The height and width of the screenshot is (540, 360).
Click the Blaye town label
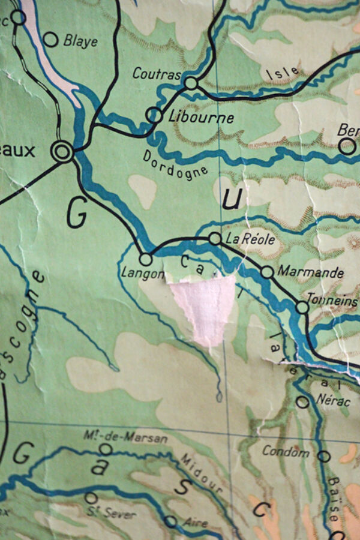click(x=80, y=41)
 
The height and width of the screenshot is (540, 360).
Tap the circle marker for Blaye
click(x=51, y=40)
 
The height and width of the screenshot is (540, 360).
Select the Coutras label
click(x=157, y=74)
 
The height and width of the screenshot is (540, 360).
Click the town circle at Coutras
click(x=191, y=83)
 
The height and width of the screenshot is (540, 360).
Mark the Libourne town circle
click(x=154, y=115)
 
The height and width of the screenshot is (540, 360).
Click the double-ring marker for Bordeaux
click(x=62, y=151)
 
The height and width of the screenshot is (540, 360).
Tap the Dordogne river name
click(x=175, y=163)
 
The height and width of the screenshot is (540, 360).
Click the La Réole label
click(x=250, y=239)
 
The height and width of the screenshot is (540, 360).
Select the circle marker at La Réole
click(x=215, y=239)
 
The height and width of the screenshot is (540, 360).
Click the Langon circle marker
click(x=145, y=259)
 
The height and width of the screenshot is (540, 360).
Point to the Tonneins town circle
click(x=302, y=307)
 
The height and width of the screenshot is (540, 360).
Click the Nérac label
click(x=332, y=401)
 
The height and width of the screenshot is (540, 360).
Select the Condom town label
click(x=286, y=452)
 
